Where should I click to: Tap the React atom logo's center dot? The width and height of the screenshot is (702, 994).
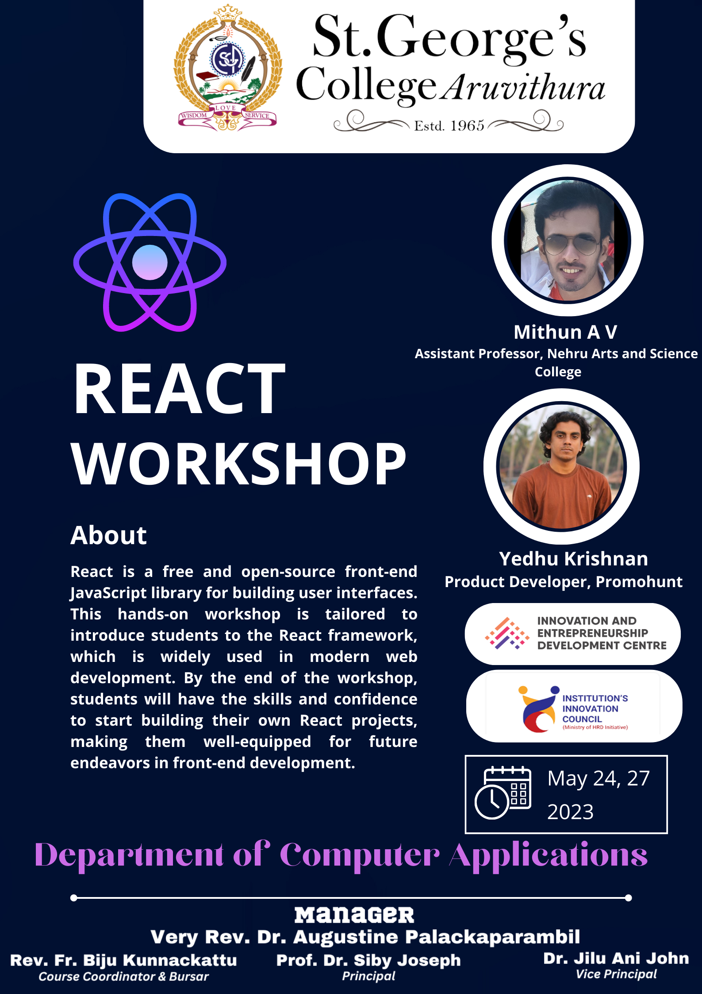point(150,262)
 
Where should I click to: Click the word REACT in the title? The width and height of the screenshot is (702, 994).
point(179,388)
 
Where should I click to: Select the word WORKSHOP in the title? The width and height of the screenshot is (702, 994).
point(238,464)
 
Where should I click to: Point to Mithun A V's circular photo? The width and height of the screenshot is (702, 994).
point(568,240)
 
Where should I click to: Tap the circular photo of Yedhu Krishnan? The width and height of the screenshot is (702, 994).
point(561,466)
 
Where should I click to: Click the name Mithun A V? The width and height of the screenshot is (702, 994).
point(565,332)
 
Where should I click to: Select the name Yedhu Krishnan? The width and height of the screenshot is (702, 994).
point(573,559)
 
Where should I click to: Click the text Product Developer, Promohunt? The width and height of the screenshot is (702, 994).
point(564,582)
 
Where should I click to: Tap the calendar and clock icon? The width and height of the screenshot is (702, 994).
point(503,793)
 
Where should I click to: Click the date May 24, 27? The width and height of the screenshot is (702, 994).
point(598,779)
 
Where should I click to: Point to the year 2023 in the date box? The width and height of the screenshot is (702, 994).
point(570,812)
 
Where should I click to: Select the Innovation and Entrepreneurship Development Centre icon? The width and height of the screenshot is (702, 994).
point(507,634)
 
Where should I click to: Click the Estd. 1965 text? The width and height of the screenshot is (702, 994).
point(449,126)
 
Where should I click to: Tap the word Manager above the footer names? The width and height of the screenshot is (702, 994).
point(354,915)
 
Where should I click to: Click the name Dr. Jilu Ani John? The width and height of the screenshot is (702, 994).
point(616,959)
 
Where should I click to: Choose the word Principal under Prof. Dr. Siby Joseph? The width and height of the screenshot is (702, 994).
point(369,976)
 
